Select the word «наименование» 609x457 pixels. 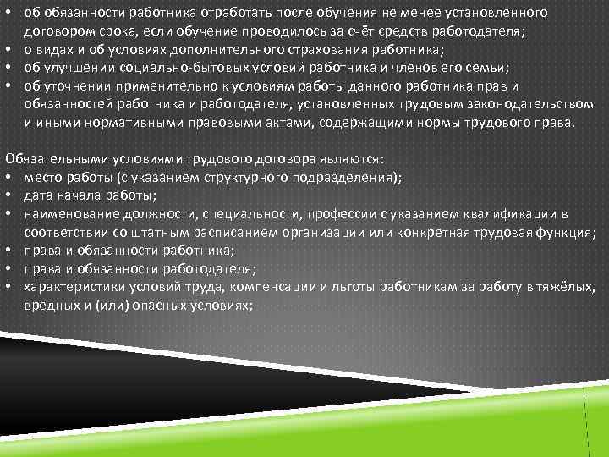[67, 214]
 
